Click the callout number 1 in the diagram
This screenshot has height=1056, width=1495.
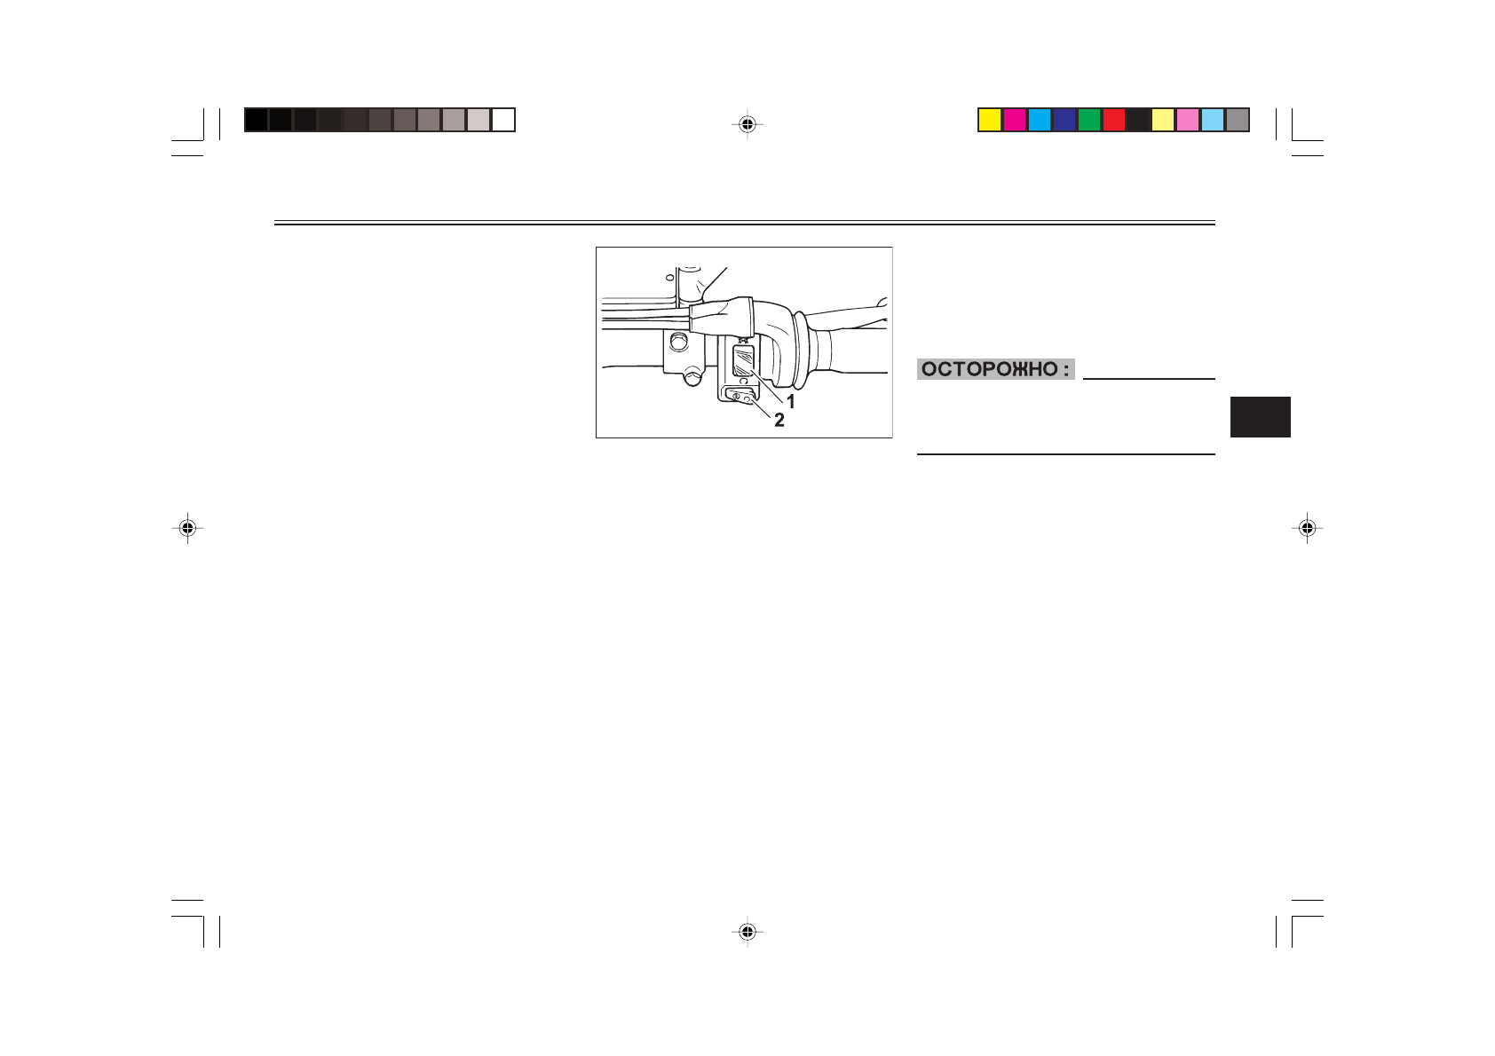790,402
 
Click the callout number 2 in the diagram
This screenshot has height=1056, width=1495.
779,421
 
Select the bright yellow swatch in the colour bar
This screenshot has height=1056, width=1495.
990,120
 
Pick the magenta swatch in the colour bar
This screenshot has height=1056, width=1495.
1015,120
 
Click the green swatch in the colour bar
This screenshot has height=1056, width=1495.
1089,120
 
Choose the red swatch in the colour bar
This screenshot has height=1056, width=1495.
1113,120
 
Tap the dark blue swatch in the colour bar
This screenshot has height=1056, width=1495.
1064,120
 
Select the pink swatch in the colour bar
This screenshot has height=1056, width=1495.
1188,120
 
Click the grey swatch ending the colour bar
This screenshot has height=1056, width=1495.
1238,120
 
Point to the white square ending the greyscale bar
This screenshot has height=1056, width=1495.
503,120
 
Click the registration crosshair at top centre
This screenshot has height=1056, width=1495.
747,125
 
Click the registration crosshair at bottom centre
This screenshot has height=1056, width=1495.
747,932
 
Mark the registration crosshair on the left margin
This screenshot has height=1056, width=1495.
187,529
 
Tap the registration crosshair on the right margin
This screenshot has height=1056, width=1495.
1307,529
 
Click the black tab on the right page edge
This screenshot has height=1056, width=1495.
1260,417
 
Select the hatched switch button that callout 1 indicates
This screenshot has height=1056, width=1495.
743,361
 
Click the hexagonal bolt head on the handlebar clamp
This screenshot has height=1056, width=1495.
679,342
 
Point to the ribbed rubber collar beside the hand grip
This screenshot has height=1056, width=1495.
800,350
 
